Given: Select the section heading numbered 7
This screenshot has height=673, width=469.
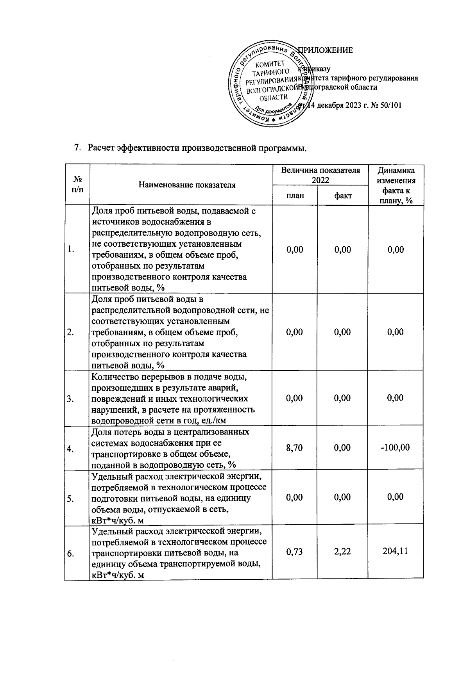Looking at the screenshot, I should (190, 148).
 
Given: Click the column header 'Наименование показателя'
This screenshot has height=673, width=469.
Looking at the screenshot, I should (187, 185).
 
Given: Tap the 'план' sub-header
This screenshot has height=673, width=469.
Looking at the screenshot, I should (295, 195).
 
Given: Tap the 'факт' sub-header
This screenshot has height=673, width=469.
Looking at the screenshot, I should (343, 195).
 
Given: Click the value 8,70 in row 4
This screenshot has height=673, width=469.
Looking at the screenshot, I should (295, 447).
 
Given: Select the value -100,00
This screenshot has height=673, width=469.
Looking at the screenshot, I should (395, 447).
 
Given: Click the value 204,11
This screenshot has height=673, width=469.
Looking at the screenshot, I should (395, 552).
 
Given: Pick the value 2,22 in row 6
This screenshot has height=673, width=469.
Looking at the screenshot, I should (343, 552).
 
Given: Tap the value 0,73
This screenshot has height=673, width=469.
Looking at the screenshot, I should (295, 552).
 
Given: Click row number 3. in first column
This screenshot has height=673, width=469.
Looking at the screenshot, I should (71, 399).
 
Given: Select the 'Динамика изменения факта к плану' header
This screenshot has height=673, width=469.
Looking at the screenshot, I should (396, 185).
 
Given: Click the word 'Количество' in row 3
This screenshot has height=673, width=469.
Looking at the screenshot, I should (111, 377).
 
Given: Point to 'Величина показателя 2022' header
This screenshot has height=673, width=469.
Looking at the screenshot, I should (320, 175).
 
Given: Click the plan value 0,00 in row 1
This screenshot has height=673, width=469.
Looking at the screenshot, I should (295, 249).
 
